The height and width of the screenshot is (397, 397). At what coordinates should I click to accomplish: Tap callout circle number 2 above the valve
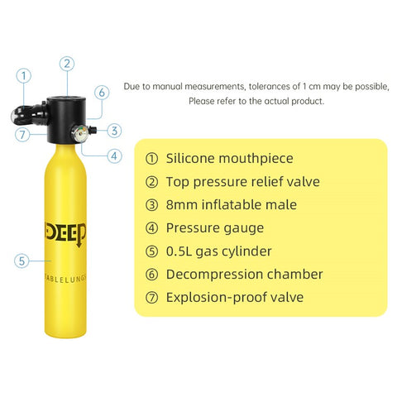pyautogui.click(x=68, y=62)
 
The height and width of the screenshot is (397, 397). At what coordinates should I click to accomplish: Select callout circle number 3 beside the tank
pyautogui.click(x=115, y=130)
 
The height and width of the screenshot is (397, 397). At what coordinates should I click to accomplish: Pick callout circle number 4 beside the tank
pyautogui.click(x=115, y=155)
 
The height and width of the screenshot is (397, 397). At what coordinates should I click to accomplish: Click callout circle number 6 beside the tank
pyautogui.click(x=101, y=93)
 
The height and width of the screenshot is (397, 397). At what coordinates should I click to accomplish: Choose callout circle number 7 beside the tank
pyautogui.click(x=22, y=134)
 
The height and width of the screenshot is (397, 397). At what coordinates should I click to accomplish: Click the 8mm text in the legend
pyautogui.click(x=183, y=204)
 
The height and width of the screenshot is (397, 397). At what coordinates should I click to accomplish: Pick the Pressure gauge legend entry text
pyautogui.click(x=215, y=227)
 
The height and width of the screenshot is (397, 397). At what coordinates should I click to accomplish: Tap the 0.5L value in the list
pyautogui.click(x=182, y=251)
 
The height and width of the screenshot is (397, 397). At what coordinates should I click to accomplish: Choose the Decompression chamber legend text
pyautogui.click(x=244, y=274)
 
